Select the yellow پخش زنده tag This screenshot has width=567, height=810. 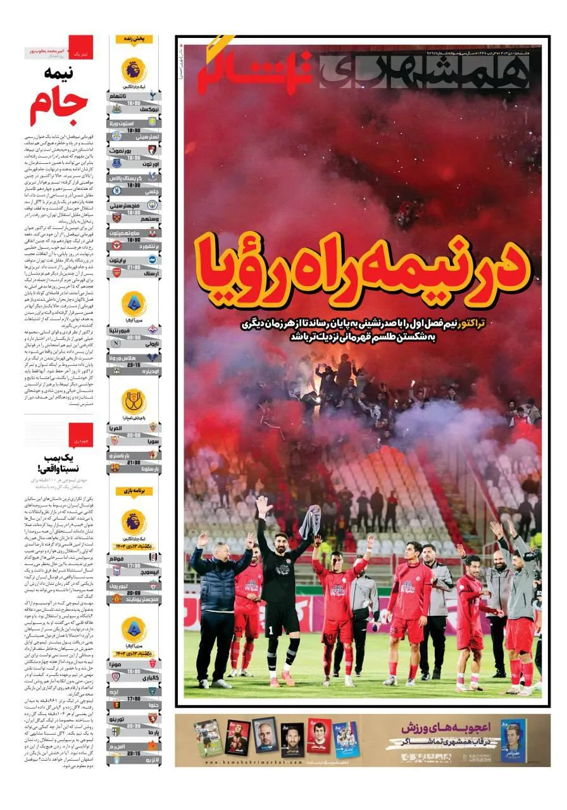pyautogui.click(x=134, y=39)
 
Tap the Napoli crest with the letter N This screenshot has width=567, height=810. pyautogui.click(x=115, y=343)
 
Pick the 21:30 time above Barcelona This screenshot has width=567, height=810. pyautogui.click(x=133, y=461)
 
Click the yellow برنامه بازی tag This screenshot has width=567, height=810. pyautogui.click(x=134, y=491)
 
